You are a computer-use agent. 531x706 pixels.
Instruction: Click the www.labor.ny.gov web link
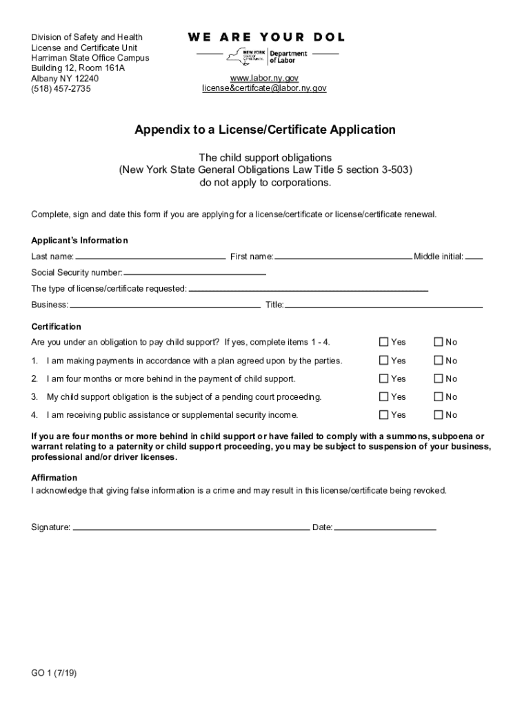[x=264, y=78]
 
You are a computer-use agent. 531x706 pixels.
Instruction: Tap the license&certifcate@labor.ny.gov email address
[x=264, y=88]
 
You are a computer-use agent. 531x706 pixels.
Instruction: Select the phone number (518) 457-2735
[x=61, y=89]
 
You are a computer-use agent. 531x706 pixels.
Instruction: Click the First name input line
[x=343, y=258]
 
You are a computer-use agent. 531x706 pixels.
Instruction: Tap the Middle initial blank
[x=474, y=258]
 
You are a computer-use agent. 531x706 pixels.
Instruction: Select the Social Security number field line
[x=195, y=274]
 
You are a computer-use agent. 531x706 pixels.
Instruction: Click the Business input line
[x=165, y=306]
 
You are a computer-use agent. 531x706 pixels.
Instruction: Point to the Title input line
[x=383, y=306]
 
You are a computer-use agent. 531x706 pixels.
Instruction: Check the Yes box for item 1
[x=384, y=361]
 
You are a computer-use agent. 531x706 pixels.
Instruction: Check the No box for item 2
[x=438, y=379]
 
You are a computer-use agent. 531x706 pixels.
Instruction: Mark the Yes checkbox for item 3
[x=384, y=396]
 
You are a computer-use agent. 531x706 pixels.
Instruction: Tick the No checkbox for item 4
[x=438, y=414]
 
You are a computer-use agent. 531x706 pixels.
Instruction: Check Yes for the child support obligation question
[x=384, y=342]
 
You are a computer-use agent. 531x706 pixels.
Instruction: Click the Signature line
[x=191, y=529]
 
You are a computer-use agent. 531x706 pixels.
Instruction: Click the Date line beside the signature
[x=385, y=529]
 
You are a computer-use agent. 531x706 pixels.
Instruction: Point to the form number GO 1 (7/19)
[x=54, y=674]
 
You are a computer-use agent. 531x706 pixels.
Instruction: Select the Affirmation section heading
[x=54, y=478]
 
